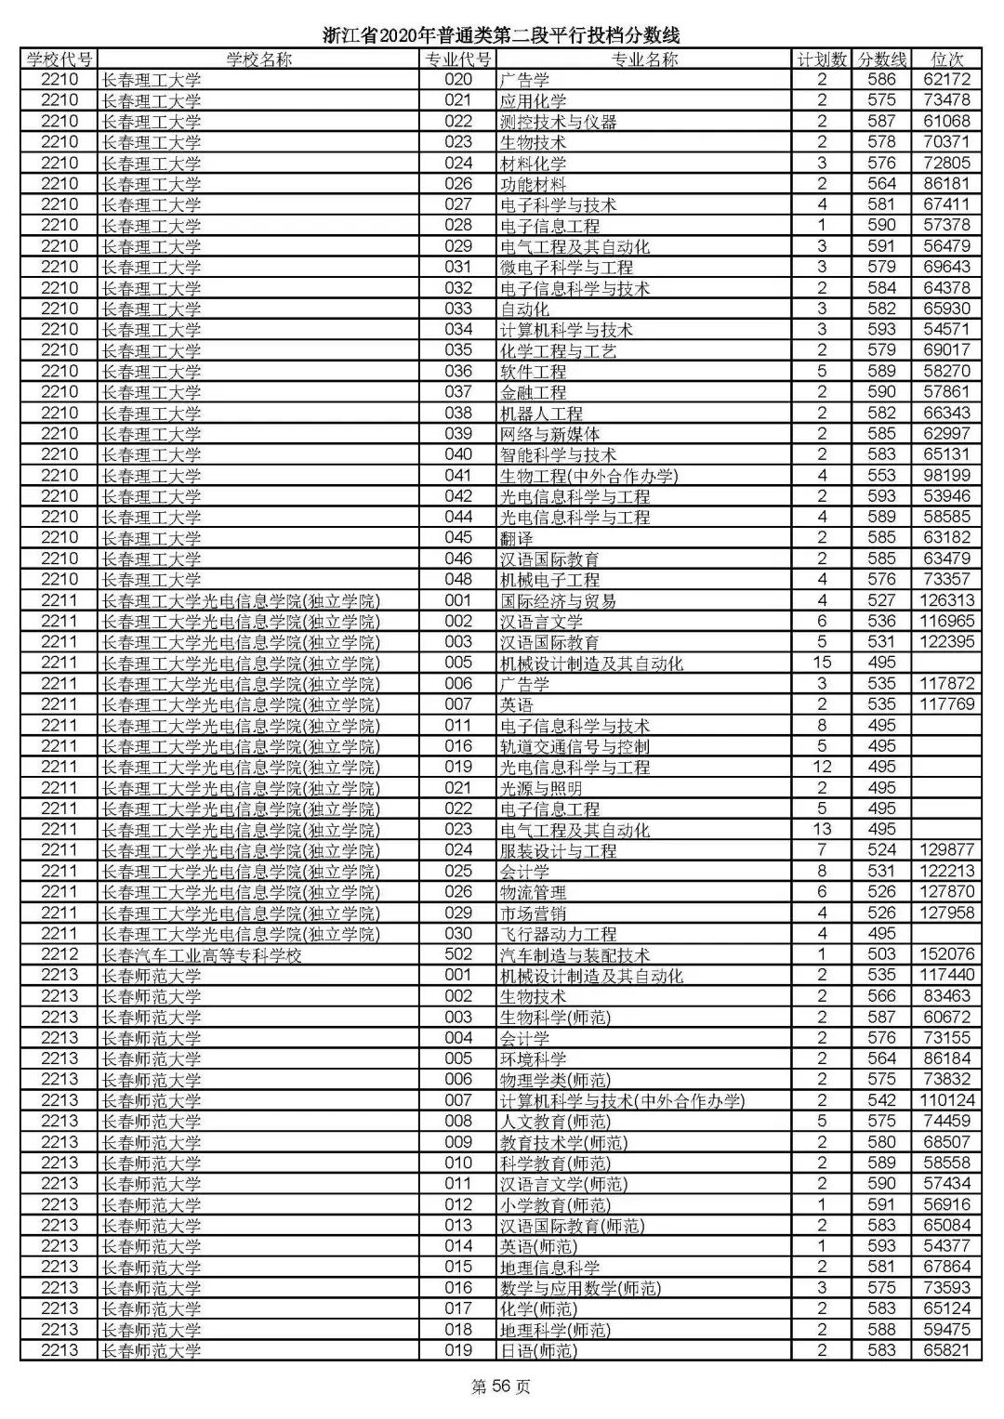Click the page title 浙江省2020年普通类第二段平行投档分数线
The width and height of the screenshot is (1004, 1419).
point(501,35)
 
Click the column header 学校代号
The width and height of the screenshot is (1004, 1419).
point(59,59)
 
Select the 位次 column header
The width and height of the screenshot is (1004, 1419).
point(946,59)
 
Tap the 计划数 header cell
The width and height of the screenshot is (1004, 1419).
point(822,59)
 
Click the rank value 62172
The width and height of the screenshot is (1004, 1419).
point(946,80)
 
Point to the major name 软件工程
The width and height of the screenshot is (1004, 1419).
point(533,371)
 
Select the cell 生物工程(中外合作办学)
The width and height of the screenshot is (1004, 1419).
point(588,476)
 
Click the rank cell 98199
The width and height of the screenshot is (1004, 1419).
point(946,476)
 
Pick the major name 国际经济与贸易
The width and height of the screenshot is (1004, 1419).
point(558,600)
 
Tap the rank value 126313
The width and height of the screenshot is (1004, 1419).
point(946,600)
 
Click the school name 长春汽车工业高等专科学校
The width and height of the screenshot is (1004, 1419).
point(202,955)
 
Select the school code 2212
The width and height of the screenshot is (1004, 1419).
point(59,954)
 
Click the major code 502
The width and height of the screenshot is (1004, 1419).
point(458,954)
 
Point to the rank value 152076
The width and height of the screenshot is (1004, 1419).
point(946,954)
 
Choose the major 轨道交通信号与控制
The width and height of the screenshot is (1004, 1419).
point(575,746)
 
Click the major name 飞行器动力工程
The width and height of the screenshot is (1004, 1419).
point(558,934)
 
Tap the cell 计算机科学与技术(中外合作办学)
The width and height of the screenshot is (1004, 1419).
point(622,1101)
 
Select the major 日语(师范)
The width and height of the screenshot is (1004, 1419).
point(538,1351)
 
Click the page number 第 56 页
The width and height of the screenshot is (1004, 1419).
point(501,1387)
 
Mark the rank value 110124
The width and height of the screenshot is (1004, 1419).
point(946,1101)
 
